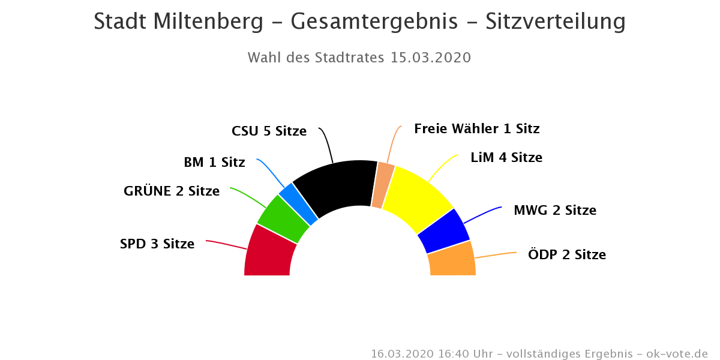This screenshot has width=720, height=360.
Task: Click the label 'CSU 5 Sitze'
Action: click(269, 131)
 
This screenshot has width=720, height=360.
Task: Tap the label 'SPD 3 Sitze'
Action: click(157, 244)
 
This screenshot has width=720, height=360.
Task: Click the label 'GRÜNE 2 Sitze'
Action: click(172, 191)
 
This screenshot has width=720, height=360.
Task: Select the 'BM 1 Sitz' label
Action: click(214, 162)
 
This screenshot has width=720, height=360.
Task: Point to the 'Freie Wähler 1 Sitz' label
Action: click(476, 129)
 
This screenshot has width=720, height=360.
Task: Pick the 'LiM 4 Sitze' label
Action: click(506, 158)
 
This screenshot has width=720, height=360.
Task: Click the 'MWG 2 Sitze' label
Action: click(555, 211)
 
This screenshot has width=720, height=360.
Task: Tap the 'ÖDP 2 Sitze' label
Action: click(567, 254)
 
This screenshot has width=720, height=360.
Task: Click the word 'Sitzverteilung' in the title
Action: click(555, 22)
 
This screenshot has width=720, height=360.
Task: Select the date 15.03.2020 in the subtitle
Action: click(430, 58)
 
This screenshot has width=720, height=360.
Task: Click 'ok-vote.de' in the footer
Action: click(677, 353)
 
